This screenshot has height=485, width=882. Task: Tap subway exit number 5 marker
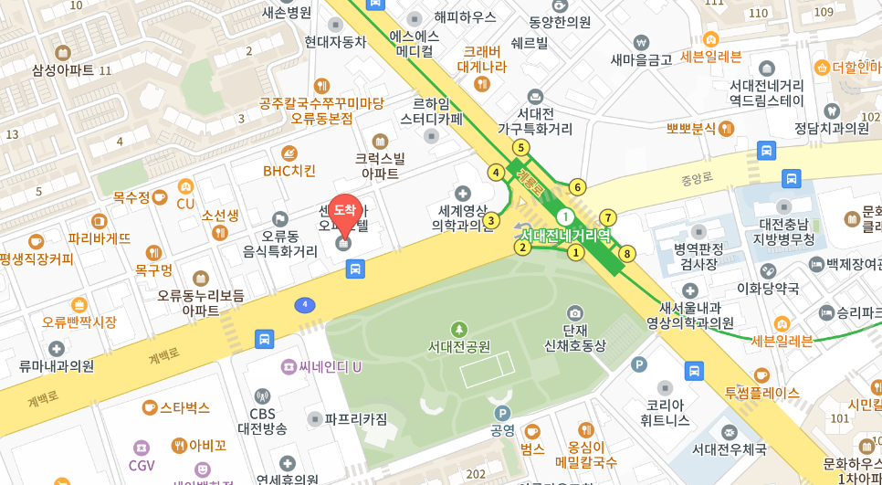520,147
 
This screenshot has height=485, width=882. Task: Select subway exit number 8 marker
627,254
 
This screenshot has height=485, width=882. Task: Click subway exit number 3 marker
491,220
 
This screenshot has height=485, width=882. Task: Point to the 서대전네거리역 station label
565,235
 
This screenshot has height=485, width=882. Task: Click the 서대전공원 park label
459,346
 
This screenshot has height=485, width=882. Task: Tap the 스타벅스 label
184,407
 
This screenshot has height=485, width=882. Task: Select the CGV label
142,465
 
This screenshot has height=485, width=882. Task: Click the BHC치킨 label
289,170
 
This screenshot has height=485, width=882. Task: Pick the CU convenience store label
185,203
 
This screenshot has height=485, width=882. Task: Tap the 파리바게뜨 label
100,237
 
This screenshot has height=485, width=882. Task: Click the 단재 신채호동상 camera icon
574,313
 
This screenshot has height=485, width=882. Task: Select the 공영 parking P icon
501,413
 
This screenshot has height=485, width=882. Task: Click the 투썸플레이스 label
761,392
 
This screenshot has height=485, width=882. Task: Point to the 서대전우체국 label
729,448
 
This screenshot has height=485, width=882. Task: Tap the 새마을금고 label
641,59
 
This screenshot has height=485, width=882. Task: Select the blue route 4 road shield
305,304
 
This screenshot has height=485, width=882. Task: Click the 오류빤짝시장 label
79,322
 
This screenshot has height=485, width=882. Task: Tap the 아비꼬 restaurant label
207,446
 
